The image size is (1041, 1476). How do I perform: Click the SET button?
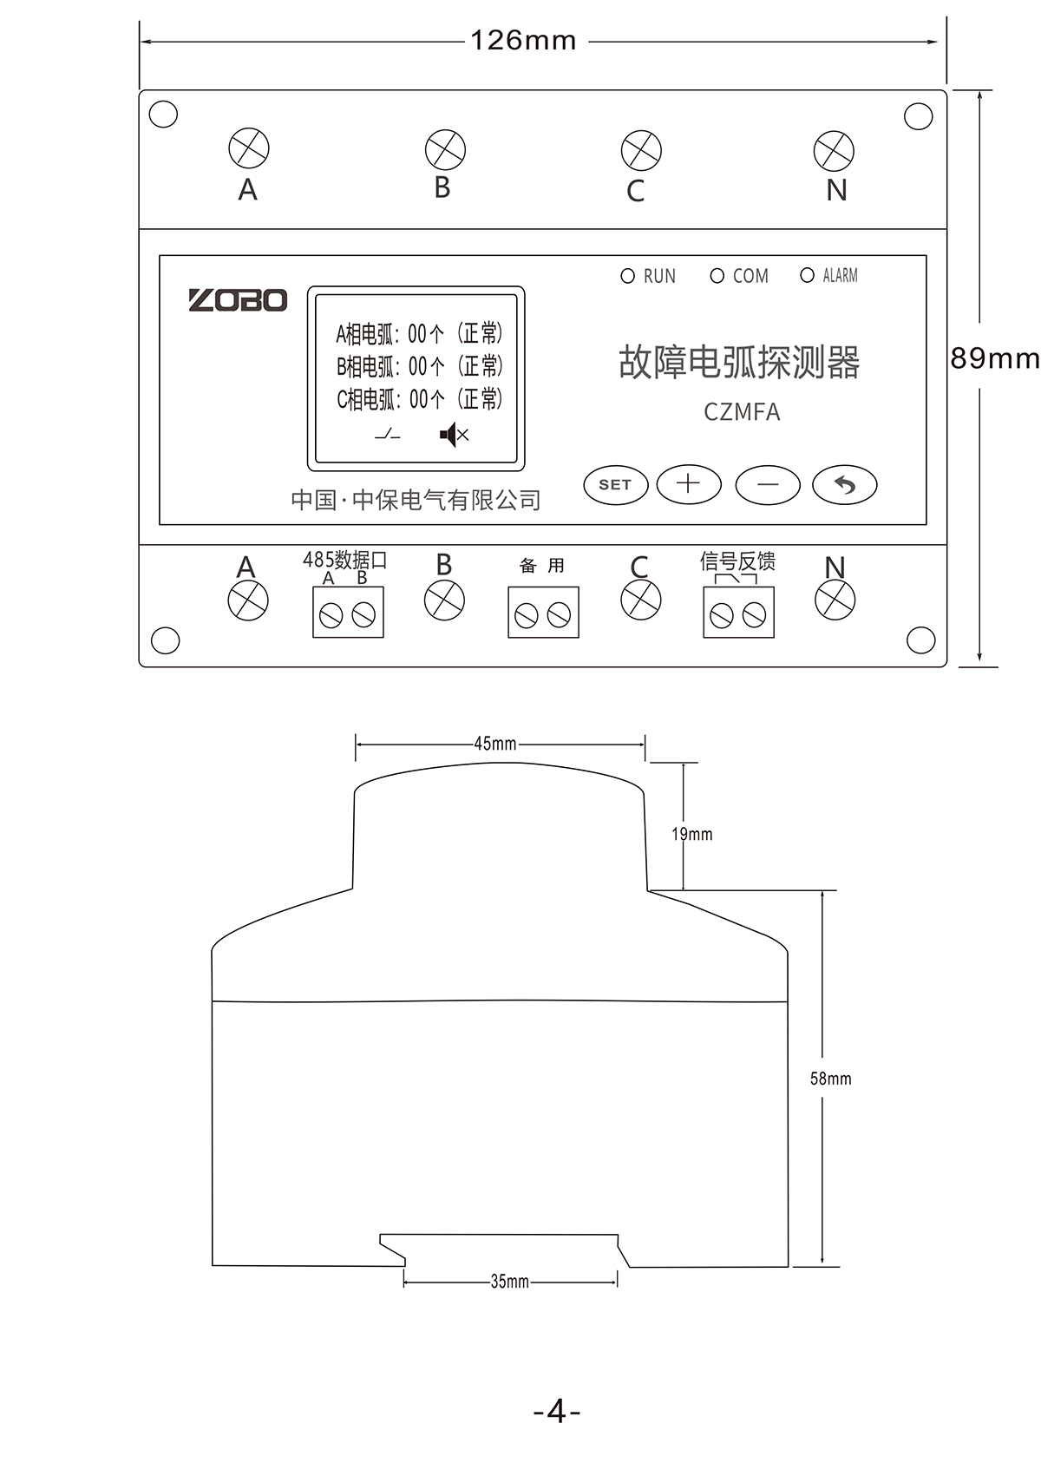click(x=615, y=485)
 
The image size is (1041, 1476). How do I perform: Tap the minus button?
click(x=768, y=485)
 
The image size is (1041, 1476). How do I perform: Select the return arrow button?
click(x=845, y=485)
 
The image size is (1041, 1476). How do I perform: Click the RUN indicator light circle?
click(x=628, y=275)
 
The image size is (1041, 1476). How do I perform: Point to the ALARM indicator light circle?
click(x=807, y=275)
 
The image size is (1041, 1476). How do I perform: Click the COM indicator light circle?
click(x=717, y=275)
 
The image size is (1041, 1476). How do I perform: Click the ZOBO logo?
click(x=238, y=300)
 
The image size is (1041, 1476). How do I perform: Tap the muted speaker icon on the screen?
click(x=454, y=435)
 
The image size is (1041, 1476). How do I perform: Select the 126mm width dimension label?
click(x=523, y=41)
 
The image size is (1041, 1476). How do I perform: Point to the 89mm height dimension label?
click(x=995, y=358)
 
